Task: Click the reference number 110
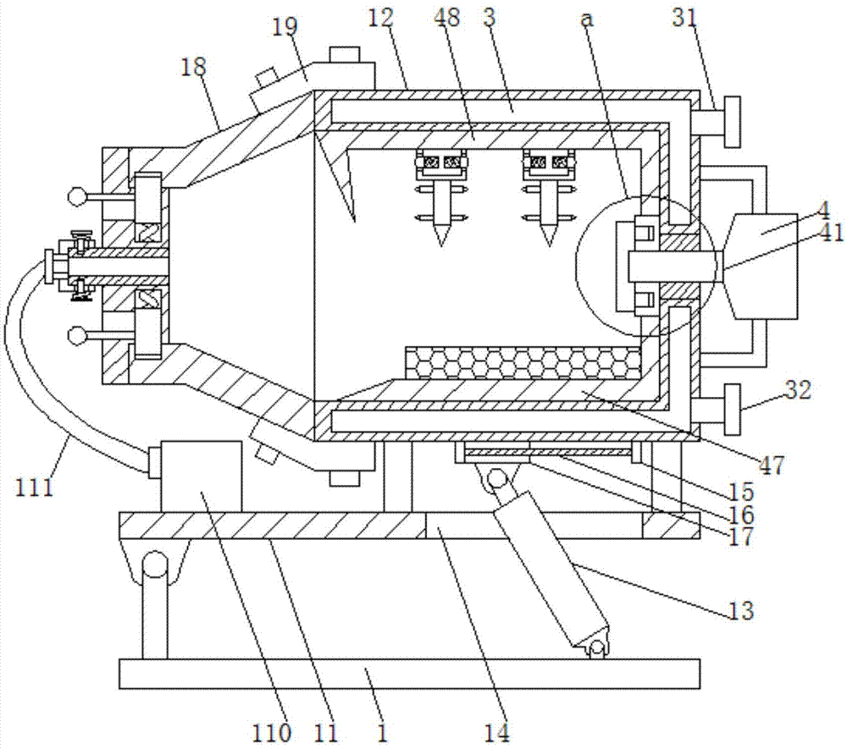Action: coord(272,733)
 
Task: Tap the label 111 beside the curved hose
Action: coord(35,487)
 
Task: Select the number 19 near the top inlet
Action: coord(285,27)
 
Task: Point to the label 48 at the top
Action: coord(446,17)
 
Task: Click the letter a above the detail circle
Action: coord(587,19)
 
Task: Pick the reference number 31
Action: coord(685,18)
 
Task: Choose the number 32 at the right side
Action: coord(798,389)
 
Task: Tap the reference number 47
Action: coord(772,465)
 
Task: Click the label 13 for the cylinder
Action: coord(741,610)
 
